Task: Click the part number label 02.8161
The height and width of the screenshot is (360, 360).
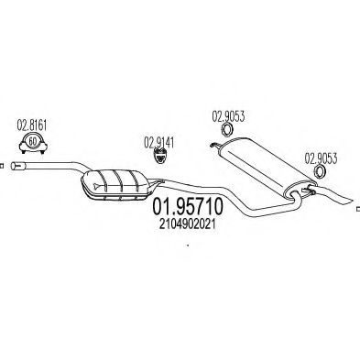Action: (x=32, y=125)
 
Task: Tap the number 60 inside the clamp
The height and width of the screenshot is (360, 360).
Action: (x=32, y=142)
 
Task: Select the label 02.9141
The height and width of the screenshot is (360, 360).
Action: (x=158, y=143)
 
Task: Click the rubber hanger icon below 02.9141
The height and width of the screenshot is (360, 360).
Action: (x=159, y=156)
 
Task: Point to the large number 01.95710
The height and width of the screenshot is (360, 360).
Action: (x=188, y=207)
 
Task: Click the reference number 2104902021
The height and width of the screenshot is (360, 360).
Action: (x=187, y=224)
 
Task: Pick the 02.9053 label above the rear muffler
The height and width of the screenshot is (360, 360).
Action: (x=228, y=116)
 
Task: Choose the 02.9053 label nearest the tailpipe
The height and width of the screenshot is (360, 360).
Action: (x=321, y=158)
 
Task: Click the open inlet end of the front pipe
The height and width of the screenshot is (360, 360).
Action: (x=14, y=166)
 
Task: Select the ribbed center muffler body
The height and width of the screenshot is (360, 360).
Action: (x=117, y=185)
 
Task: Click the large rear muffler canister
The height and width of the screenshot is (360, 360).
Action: (x=267, y=166)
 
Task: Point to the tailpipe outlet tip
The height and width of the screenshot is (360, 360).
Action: (x=352, y=202)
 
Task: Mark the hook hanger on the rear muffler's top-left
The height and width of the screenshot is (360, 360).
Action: (x=215, y=145)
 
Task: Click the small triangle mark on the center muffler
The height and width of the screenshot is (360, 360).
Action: (x=97, y=184)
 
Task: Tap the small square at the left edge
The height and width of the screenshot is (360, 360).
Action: (x=1, y=166)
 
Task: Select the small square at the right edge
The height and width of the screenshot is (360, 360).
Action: (x=358, y=209)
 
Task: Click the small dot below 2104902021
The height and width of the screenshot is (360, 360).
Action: (x=188, y=245)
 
